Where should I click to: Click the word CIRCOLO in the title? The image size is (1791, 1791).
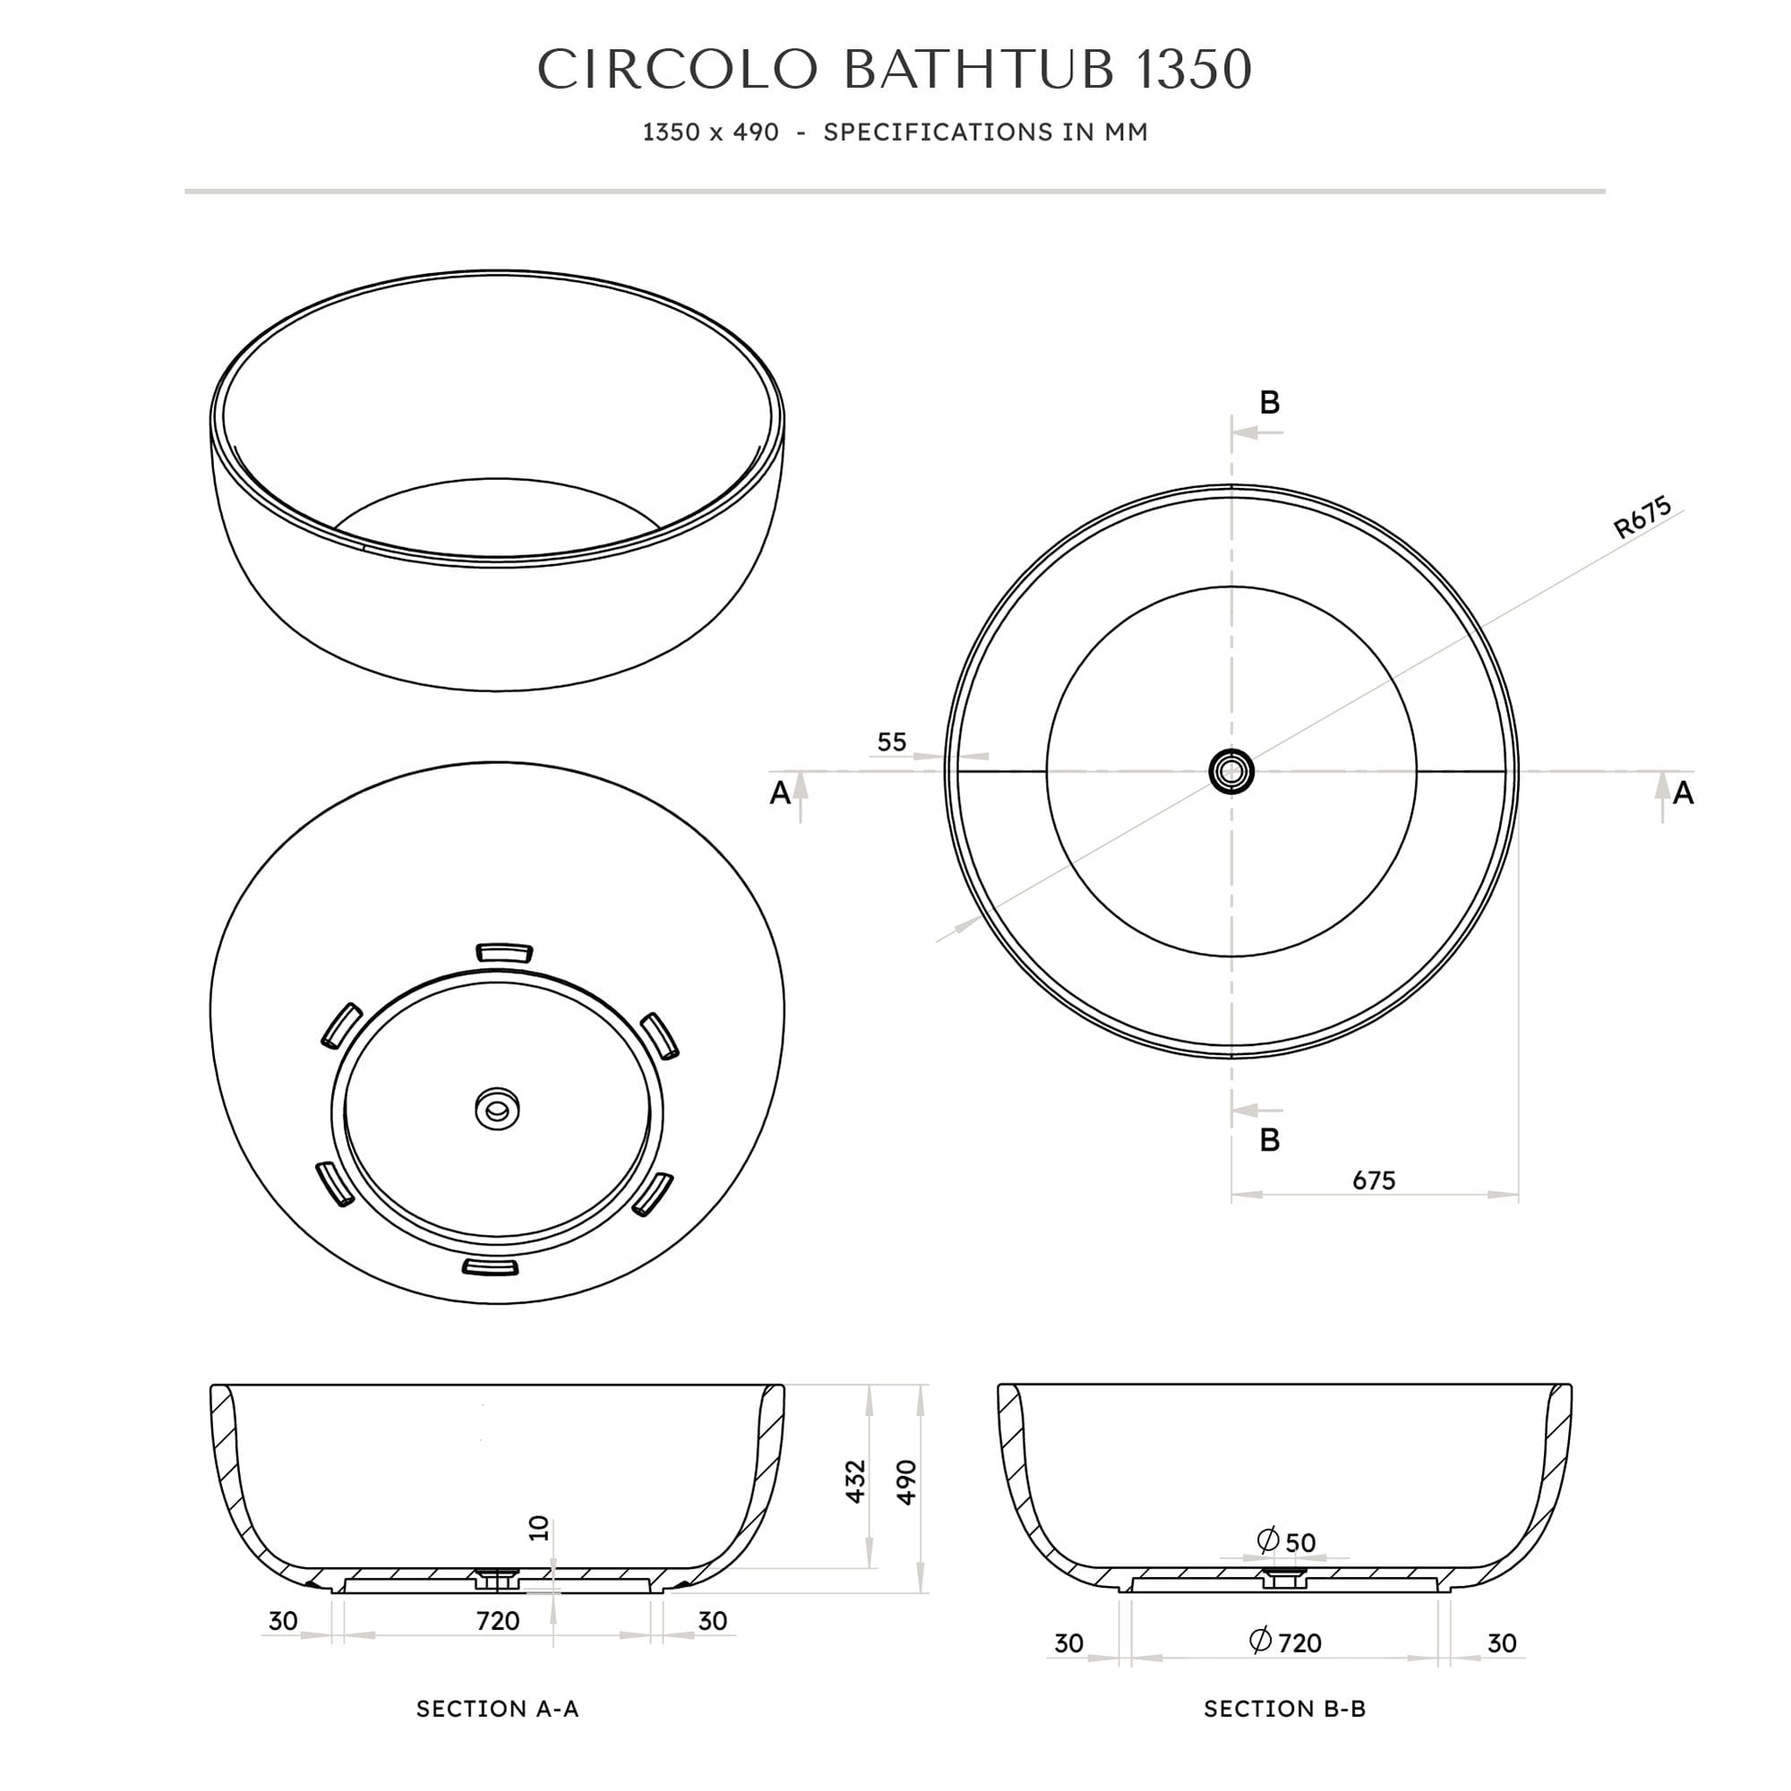[678, 70]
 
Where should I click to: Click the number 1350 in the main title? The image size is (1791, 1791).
[1194, 70]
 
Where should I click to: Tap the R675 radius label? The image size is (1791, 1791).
[1642, 518]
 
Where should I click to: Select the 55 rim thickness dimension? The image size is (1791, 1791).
[891, 742]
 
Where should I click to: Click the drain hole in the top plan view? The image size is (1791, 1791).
[1231, 771]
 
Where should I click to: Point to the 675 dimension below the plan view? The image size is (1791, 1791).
[1373, 1180]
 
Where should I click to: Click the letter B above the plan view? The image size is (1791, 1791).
[1269, 402]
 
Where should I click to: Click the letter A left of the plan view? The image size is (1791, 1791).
[781, 793]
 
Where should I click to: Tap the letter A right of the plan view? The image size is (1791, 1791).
[1684, 793]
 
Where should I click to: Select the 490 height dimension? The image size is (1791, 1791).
[906, 1481]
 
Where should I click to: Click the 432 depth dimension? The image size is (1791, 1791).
[855, 1481]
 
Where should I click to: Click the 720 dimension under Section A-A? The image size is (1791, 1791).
[498, 1622]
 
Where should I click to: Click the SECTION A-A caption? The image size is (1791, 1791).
[498, 1710]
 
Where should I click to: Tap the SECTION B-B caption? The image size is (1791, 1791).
[1285, 1710]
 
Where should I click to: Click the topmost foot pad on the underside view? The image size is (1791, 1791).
[504, 953]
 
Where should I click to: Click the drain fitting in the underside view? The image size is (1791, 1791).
[498, 1109]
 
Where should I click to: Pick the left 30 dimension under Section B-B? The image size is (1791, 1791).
[1069, 1643]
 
